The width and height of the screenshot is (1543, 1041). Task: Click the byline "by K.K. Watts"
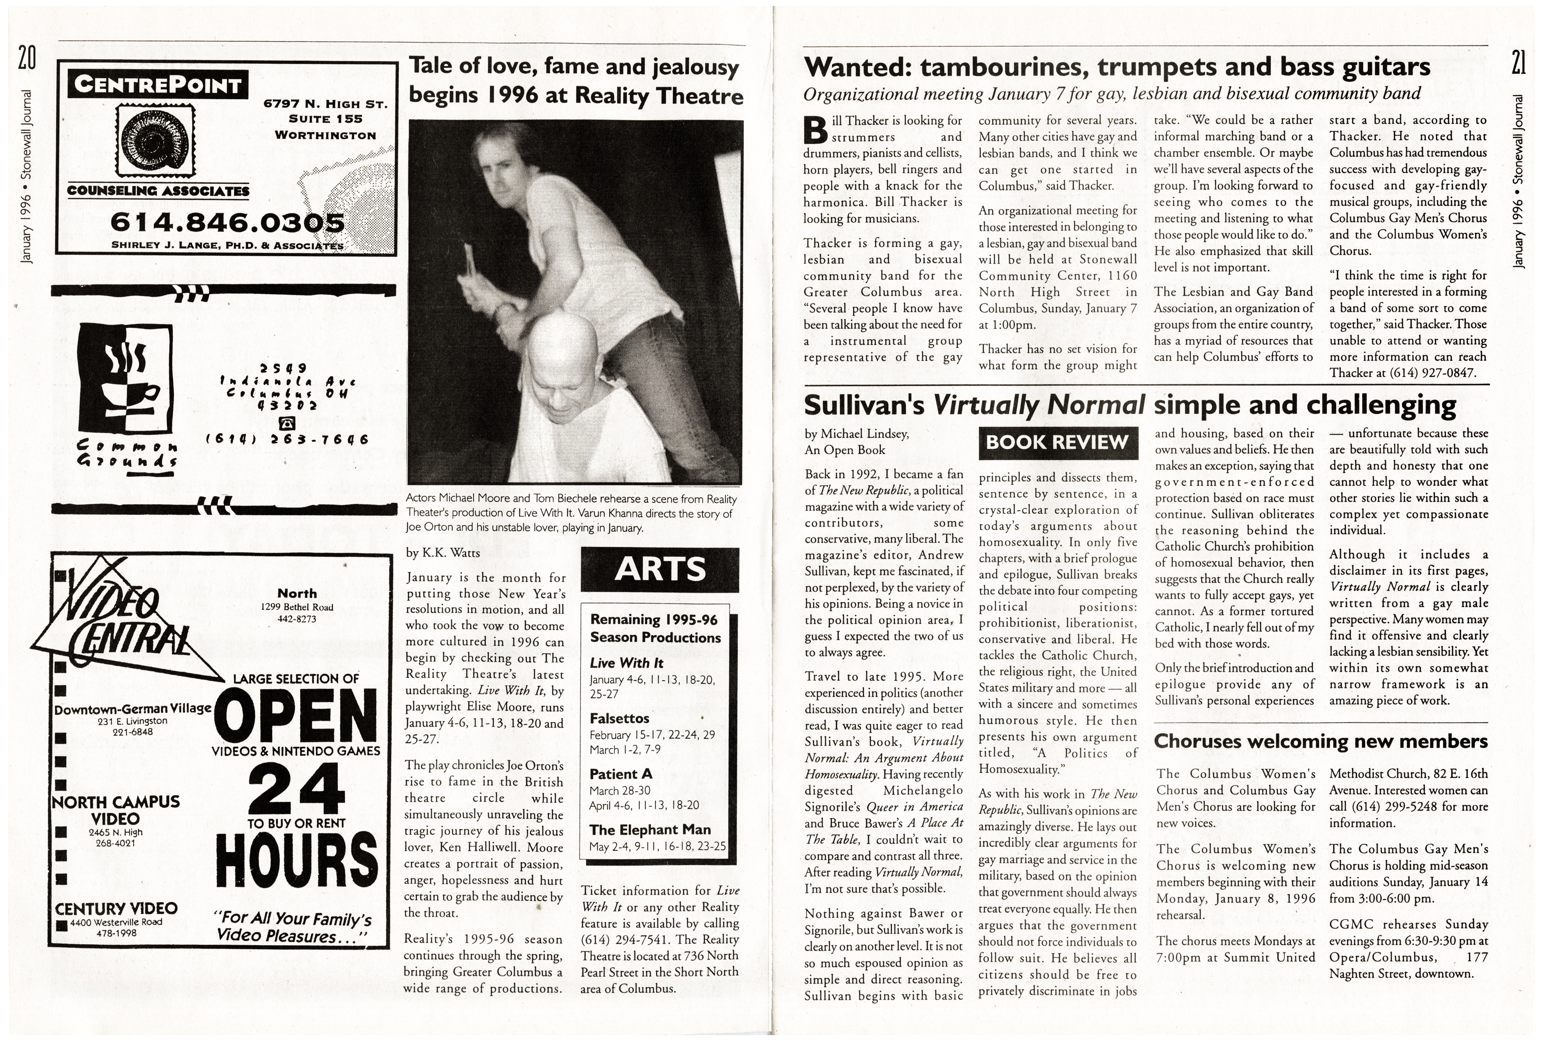[x=442, y=552]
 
